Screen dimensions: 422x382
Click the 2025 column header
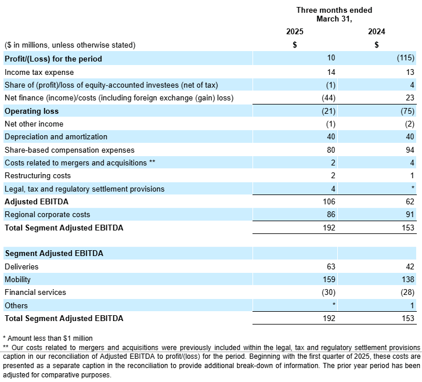pyautogui.click(x=295, y=31)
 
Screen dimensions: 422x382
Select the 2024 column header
pyautogui.click(x=377, y=31)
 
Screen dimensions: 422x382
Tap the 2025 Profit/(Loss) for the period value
pyautogui.click(x=331, y=58)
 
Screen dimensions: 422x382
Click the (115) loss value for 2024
pyautogui.click(x=406, y=58)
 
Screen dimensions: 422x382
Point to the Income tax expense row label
pyautogui.click(x=39, y=72)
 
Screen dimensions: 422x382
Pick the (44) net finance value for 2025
pyautogui.click(x=329, y=98)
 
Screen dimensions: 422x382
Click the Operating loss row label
pyautogui.click(x=31, y=111)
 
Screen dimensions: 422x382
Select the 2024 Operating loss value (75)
pyautogui.click(x=407, y=111)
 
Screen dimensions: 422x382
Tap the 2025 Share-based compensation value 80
pyautogui.click(x=331, y=150)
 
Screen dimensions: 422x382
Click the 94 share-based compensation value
pyautogui.click(x=410, y=150)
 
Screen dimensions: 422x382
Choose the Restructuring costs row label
pyautogui.click(x=38, y=175)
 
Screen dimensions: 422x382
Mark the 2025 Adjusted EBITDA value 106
pyautogui.click(x=329, y=201)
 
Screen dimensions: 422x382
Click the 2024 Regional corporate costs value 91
pyautogui.click(x=410, y=215)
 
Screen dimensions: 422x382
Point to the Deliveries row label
pyautogui.click(x=21, y=266)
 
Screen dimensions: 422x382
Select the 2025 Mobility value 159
pyautogui.click(x=329, y=279)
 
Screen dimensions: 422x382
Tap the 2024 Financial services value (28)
pyautogui.click(x=407, y=293)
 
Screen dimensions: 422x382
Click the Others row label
pyautogui.click(x=16, y=305)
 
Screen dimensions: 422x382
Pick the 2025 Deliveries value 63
pyautogui.click(x=331, y=266)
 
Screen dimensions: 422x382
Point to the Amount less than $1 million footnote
pyautogui.click(x=48, y=338)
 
